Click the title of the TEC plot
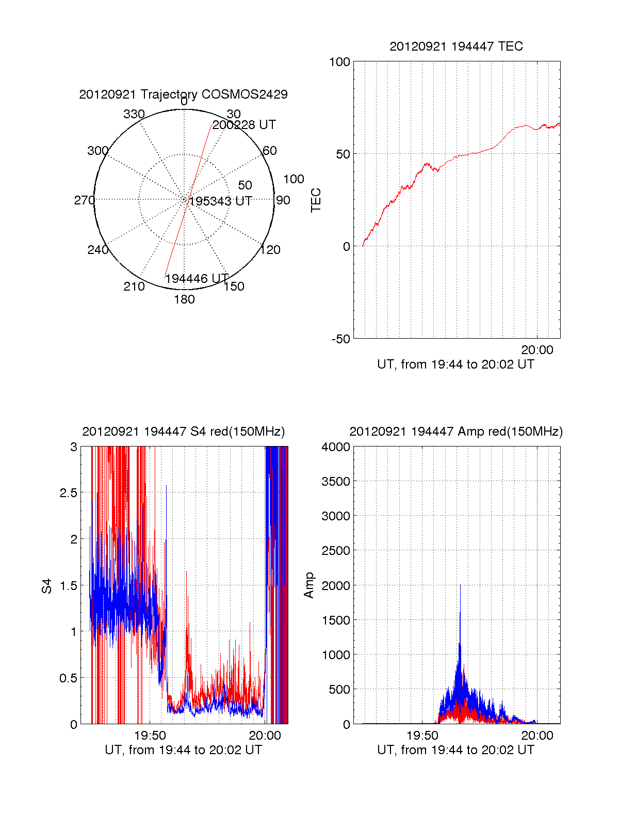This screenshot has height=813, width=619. click(x=456, y=46)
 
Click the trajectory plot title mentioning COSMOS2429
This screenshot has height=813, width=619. click(x=183, y=94)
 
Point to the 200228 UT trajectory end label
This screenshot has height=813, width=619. click(x=244, y=125)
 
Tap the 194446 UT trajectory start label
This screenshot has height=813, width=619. click(x=197, y=279)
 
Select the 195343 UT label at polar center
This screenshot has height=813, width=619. click(x=220, y=201)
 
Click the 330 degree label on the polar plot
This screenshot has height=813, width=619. click(x=134, y=114)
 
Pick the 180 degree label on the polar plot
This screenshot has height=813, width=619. click(x=184, y=299)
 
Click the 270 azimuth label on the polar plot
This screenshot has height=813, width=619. click(x=84, y=200)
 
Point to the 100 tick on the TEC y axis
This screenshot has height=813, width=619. click(x=339, y=62)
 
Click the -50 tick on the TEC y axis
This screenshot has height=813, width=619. click(x=340, y=339)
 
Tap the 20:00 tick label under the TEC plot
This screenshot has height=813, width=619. click(x=537, y=350)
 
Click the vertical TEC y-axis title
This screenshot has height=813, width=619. click(x=316, y=200)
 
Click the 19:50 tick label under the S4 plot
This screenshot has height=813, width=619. click(x=150, y=736)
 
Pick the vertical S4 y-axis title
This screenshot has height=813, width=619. click(x=47, y=586)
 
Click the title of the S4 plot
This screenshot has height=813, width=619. click(x=183, y=432)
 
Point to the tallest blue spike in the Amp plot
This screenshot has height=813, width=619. click(x=460, y=586)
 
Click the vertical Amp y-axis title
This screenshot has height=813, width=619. click(x=309, y=585)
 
